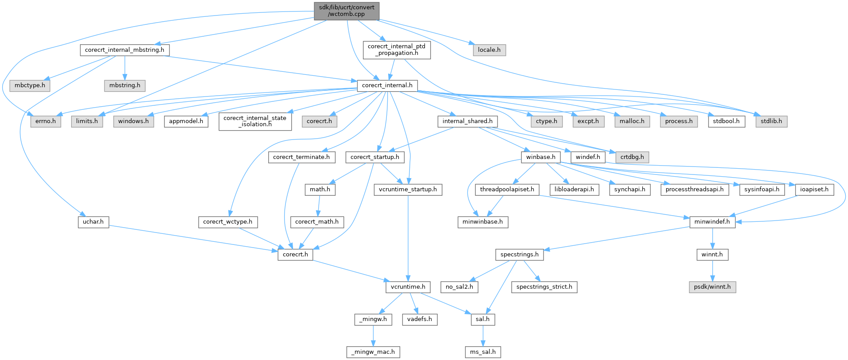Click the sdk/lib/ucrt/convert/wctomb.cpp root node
coord(347,11)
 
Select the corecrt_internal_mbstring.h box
coord(124,50)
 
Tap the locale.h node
coord(489,50)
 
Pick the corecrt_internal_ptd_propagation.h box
coord(396,50)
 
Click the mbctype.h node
coord(30,85)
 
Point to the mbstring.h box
coord(125,85)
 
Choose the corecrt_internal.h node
coord(387,85)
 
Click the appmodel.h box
coord(186,121)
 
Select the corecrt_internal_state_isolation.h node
coord(254,121)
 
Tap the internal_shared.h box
coord(467,121)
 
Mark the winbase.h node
coord(540,157)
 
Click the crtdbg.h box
coord(632,157)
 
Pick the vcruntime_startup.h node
coord(408,189)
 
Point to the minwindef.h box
coord(712,221)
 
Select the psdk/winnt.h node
coord(712,286)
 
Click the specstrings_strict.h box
coord(544,286)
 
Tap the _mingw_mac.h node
coord(373,352)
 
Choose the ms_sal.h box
coord(483,352)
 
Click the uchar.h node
coord(93,221)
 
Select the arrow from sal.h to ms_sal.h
coord(483,335)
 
